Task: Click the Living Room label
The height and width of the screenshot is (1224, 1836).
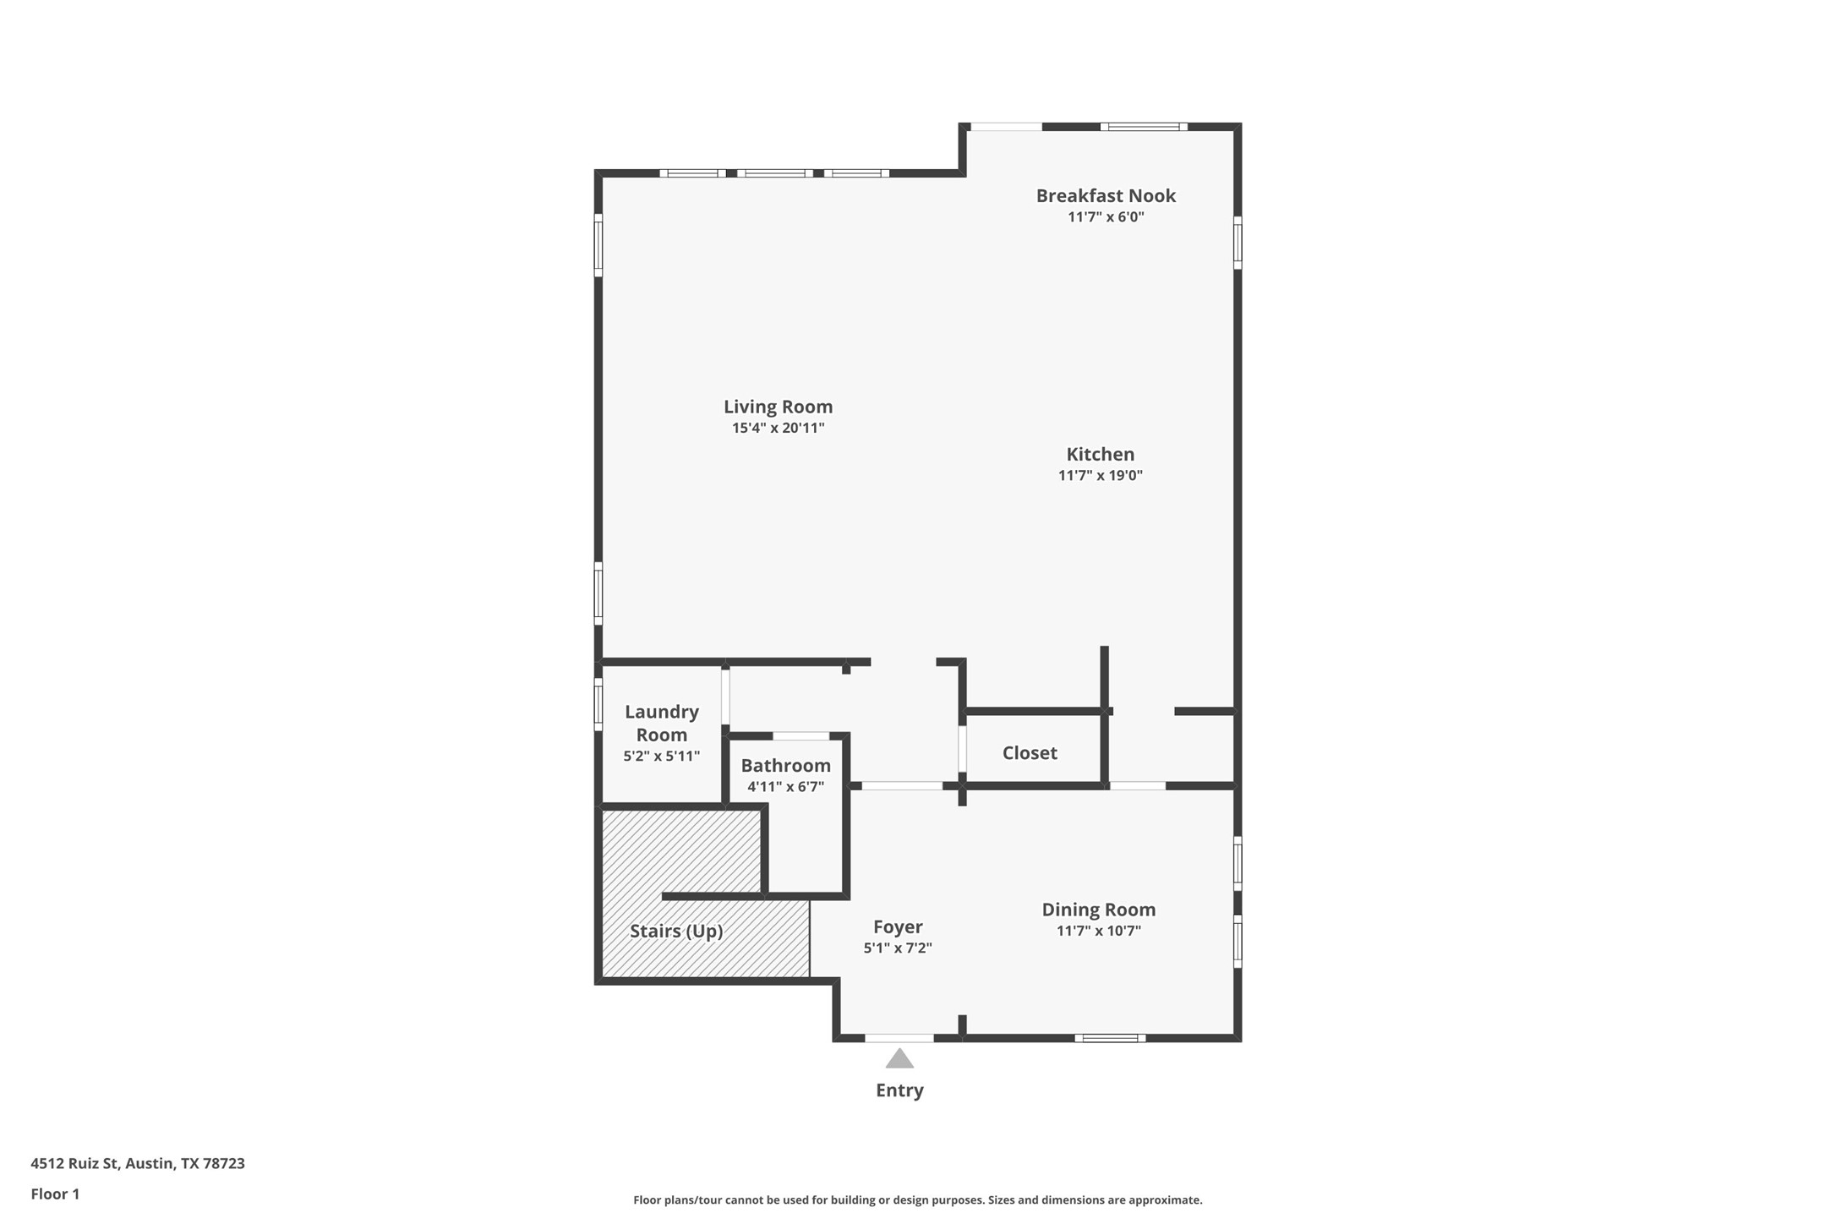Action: (x=778, y=407)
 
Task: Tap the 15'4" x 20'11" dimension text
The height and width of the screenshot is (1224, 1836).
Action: (x=778, y=428)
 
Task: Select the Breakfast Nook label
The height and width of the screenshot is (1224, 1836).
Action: (x=1106, y=195)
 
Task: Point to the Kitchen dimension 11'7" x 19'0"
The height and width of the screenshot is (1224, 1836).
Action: (x=1100, y=475)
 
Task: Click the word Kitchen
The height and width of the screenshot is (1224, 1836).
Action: (x=1100, y=454)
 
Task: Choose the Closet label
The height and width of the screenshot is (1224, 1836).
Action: (x=1030, y=752)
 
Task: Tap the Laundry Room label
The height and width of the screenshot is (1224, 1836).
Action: (x=661, y=723)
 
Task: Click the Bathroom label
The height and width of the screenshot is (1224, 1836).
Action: (x=785, y=765)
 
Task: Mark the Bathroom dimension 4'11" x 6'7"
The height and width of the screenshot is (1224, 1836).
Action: (x=785, y=787)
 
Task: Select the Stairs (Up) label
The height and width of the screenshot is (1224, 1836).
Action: (x=676, y=931)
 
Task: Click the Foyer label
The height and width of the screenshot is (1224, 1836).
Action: (x=898, y=926)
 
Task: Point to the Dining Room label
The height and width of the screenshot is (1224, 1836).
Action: (x=1098, y=910)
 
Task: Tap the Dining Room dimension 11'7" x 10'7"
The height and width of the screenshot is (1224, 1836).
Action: (x=1098, y=931)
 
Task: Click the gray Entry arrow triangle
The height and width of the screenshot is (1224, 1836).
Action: (x=899, y=1059)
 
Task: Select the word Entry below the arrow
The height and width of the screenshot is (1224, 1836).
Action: (x=899, y=1090)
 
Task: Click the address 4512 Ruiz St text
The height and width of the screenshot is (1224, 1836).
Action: (x=138, y=1163)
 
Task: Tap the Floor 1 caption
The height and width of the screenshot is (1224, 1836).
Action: (x=55, y=1194)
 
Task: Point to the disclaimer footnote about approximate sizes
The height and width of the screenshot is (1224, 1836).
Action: (x=917, y=1199)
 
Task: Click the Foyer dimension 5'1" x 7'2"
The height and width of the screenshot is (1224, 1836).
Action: (x=898, y=948)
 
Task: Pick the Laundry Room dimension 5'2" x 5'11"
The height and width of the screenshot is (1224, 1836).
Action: (x=661, y=757)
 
